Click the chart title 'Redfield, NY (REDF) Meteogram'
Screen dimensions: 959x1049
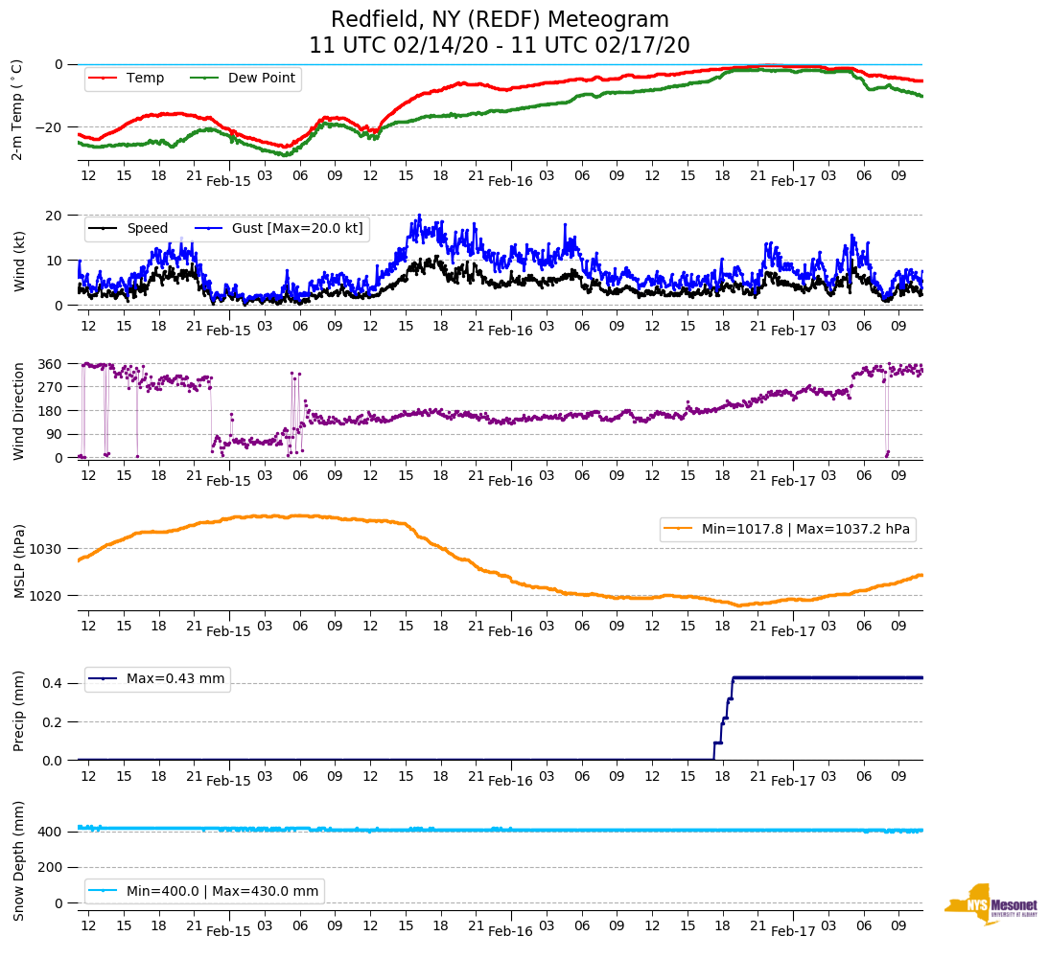click(x=500, y=20)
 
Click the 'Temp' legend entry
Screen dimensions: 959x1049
click(x=145, y=79)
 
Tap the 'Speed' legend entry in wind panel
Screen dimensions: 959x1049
click(x=147, y=229)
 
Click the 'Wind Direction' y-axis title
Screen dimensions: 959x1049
click(x=18, y=410)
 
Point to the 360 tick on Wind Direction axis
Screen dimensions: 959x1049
click(x=51, y=364)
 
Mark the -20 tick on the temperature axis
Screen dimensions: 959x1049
click(x=50, y=127)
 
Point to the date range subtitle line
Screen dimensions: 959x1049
click(x=500, y=45)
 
